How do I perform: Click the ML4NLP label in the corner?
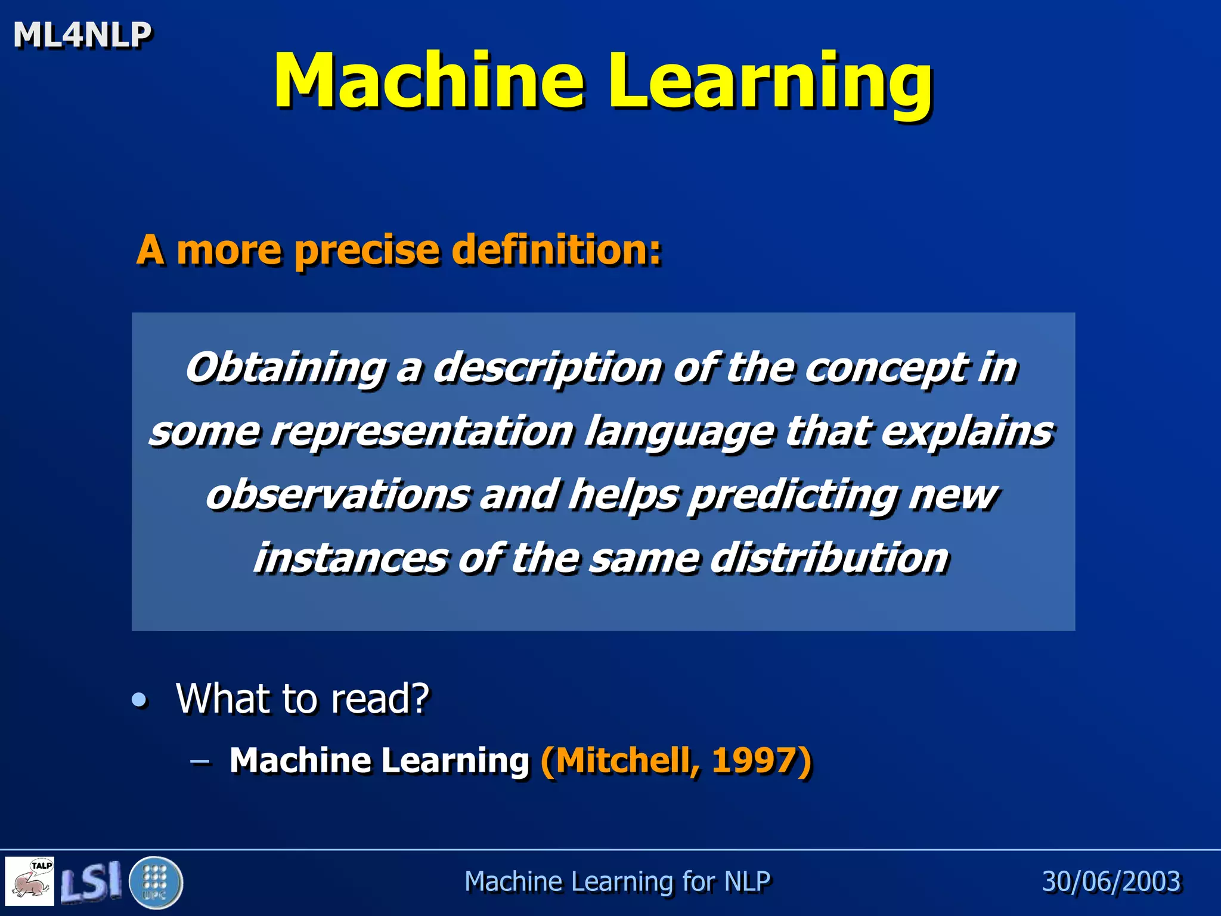tap(82, 35)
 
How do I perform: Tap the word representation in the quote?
tap(422, 431)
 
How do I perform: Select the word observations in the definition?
tap(337, 495)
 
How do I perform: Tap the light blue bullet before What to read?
tap(140, 700)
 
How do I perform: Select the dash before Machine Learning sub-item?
tap(200, 762)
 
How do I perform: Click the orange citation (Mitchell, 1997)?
tap(675, 761)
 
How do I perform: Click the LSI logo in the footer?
tap(91, 881)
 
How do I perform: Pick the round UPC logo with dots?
tap(156, 882)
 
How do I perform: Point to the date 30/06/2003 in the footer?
tap(1111, 881)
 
